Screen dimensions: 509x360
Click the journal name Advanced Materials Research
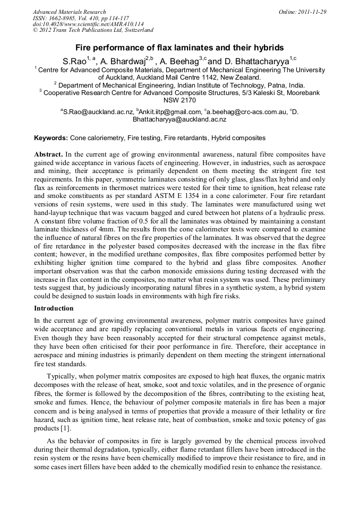(x=69, y=12)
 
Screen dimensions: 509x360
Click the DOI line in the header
(x=88, y=24)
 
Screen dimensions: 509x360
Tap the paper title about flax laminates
(x=179, y=48)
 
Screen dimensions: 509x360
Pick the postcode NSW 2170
(x=179, y=100)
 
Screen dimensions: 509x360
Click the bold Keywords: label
(x=51, y=138)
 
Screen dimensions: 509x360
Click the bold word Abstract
(x=48, y=154)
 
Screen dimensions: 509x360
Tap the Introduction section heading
(x=54, y=308)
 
